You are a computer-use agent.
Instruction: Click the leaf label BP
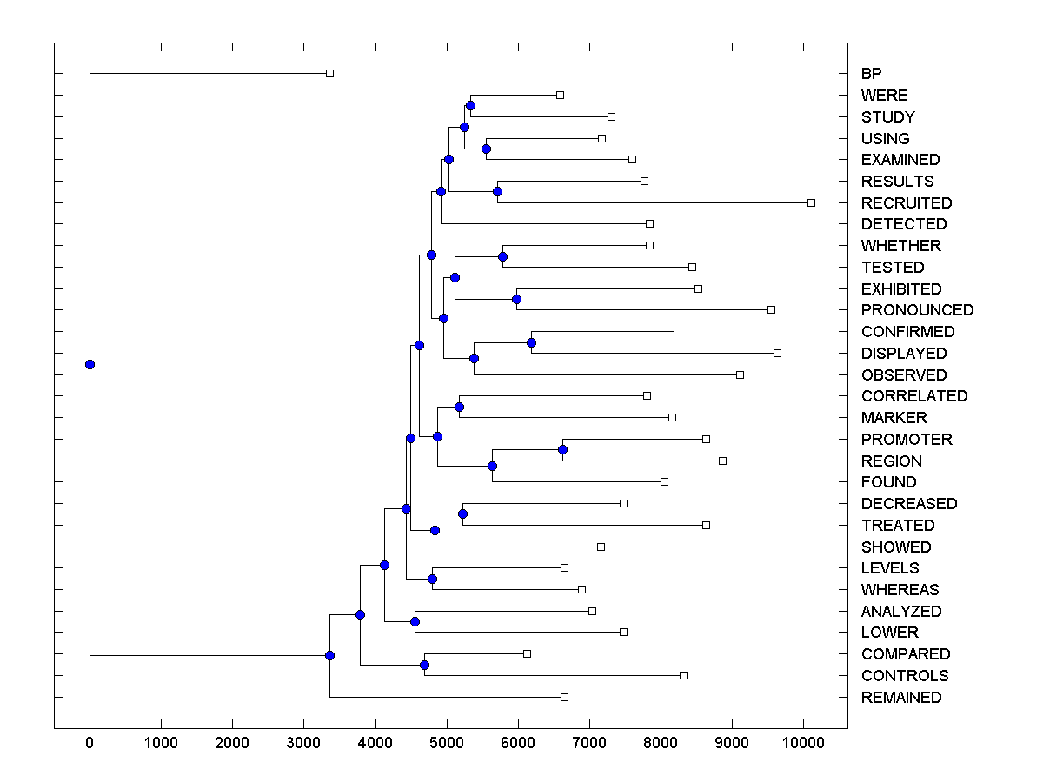tap(871, 74)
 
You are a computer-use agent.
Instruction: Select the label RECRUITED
tap(906, 202)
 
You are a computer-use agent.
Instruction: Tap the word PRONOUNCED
tap(917, 310)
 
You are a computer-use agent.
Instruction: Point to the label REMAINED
tap(900, 697)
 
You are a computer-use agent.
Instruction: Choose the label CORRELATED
tap(913, 396)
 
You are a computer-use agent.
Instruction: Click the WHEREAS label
tap(900, 590)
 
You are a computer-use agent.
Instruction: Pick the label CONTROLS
tap(904, 675)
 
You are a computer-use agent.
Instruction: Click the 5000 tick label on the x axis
tap(447, 744)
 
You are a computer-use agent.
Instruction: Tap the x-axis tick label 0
tap(90, 744)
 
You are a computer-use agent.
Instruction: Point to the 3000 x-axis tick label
tap(303, 744)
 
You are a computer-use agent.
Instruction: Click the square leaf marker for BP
tap(329, 74)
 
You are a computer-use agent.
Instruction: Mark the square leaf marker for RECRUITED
tap(811, 202)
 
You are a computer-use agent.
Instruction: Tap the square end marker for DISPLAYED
tap(777, 353)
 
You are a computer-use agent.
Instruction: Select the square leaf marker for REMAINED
tap(564, 697)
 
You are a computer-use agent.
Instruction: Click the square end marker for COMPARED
tap(527, 653)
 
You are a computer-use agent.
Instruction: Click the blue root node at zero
tap(90, 364)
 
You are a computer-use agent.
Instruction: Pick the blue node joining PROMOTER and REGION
tap(562, 449)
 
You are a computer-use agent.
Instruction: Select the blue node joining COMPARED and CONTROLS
tap(424, 665)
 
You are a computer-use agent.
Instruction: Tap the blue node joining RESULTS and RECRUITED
tap(497, 191)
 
